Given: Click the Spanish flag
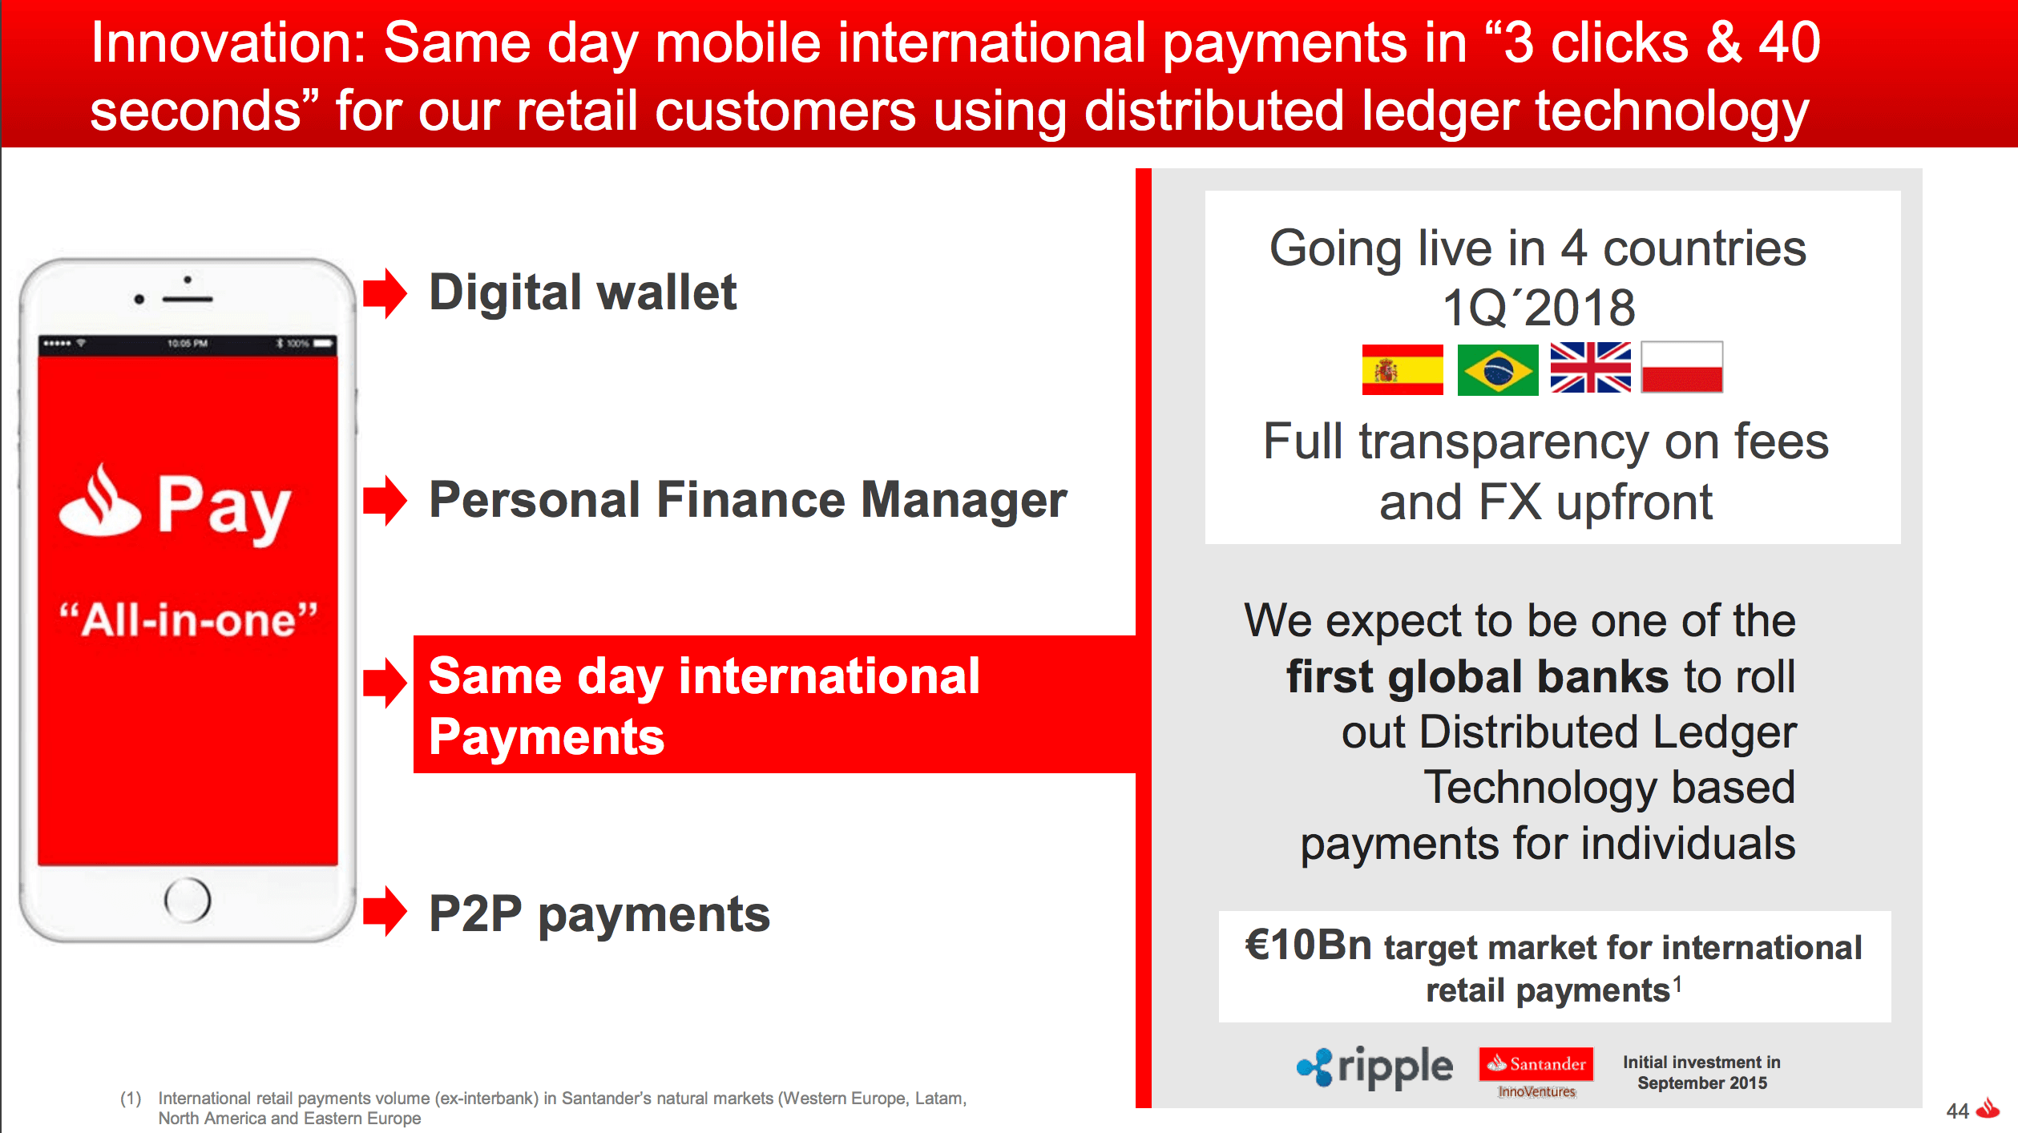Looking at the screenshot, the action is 1403,369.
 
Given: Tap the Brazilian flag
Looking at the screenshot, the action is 1498,369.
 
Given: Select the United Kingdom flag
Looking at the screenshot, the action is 1590,367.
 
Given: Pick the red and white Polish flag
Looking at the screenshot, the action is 1682,367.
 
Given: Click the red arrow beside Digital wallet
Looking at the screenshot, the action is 385,293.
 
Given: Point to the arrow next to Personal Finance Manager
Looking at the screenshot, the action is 385,501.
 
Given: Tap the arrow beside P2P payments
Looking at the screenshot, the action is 385,911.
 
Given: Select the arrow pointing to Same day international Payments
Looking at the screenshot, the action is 385,683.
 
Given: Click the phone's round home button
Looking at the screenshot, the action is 188,900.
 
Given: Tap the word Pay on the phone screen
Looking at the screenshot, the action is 224,506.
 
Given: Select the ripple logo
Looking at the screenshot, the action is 1374,1067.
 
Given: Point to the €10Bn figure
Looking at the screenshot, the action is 1309,945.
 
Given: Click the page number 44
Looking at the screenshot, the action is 1957,1111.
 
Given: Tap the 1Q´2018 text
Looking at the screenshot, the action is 1539,308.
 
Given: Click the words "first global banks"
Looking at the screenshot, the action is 1477,677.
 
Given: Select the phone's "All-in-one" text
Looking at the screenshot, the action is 189,620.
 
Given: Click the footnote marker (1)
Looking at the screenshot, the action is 131,1098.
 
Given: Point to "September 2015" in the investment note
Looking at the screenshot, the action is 1702,1083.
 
